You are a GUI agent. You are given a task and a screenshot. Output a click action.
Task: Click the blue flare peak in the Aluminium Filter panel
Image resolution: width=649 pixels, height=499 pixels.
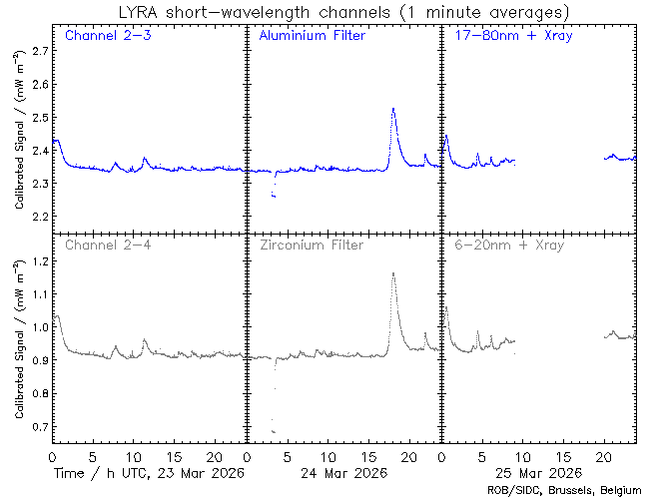click(393, 109)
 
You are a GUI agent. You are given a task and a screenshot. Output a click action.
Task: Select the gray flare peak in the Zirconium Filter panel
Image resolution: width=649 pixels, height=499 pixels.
click(393, 273)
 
